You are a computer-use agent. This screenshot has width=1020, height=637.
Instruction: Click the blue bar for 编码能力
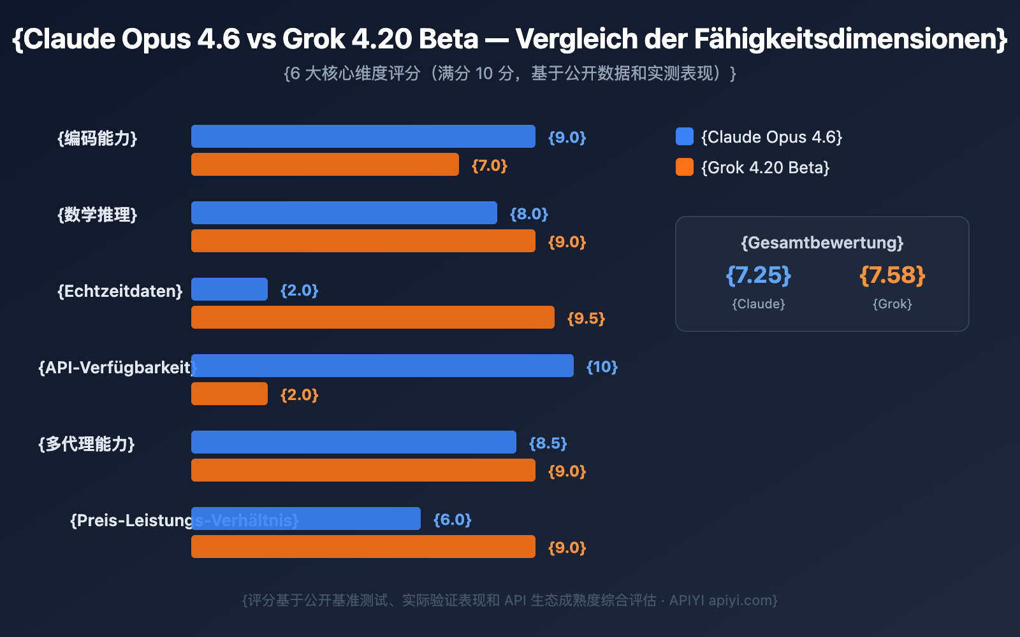(x=363, y=136)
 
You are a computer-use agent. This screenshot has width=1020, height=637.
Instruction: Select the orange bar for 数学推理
(x=363, y=241)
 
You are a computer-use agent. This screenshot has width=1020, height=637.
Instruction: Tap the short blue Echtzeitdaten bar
(x=229, y=289)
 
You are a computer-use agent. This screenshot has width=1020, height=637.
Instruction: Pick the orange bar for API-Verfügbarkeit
(x=229, y=394)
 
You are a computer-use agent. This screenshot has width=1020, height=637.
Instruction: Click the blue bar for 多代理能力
(x=354, y=442)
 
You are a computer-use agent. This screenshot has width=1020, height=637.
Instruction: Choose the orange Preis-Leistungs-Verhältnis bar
(x=363, y=547)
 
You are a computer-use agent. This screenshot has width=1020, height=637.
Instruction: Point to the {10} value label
(x=602, y=367)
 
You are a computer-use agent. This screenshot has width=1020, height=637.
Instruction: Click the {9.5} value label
(x=586, y=318)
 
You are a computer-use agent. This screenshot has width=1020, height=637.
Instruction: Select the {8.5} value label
(x=548, y=443)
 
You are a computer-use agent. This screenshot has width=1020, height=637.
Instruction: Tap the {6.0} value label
(x=452, y=520)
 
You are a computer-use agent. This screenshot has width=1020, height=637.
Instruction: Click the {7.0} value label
(x=489, y=166)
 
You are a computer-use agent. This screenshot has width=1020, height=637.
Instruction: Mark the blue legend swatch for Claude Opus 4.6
(x=685, y=136)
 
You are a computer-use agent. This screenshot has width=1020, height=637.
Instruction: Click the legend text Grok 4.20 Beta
(x=765, y=168)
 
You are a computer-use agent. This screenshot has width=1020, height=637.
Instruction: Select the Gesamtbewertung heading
(x=822, y=243)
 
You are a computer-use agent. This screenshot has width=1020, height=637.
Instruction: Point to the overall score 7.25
(x=758, y=275)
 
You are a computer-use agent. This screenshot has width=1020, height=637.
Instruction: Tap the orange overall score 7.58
(x=892, y=275)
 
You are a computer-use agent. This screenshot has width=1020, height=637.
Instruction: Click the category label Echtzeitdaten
(x=120, y=291)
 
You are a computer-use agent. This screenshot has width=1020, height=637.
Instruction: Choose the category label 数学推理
(x=98, y=215)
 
